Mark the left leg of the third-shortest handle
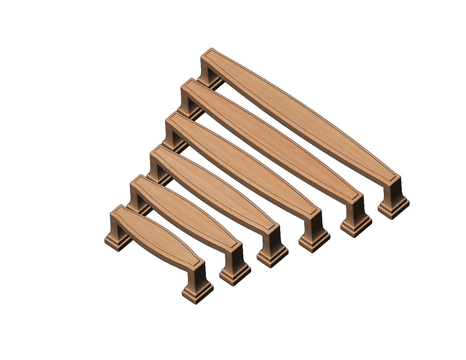point(155,168)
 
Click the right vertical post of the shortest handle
point(198,275)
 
